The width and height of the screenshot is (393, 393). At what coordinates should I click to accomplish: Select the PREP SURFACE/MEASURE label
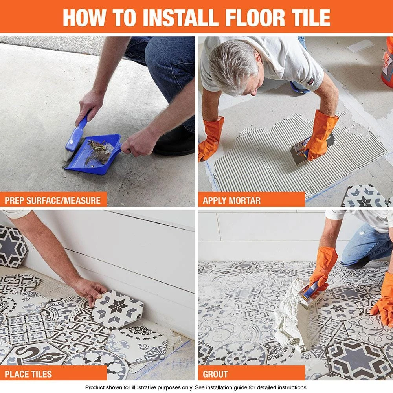53,200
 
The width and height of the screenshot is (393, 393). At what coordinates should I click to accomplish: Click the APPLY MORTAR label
231,200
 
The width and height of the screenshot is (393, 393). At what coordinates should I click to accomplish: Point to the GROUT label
215,373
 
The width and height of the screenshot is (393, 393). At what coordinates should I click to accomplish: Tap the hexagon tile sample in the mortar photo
364,196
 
